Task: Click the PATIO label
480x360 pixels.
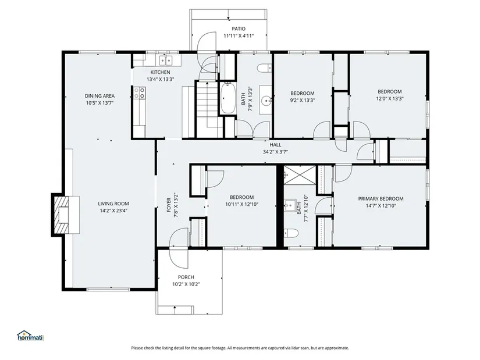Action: point(238,28)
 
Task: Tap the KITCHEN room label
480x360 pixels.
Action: point(160,72)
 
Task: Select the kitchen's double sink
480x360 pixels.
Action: point(165,60)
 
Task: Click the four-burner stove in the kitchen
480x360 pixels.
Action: point(139,93)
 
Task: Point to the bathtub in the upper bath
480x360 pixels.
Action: point(227,98)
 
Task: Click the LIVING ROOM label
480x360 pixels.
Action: point(113,204)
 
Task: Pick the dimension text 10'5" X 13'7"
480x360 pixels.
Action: point(100,103)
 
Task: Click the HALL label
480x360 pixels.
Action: point(275,145)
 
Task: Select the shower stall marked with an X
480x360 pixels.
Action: point(300,175)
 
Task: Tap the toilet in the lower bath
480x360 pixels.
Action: point(291,234)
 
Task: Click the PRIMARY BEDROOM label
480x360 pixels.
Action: point(381,199)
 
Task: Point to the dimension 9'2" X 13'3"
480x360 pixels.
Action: point(303,100)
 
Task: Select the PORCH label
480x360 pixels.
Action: point(186,277)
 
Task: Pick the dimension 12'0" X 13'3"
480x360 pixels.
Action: point(390,98)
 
